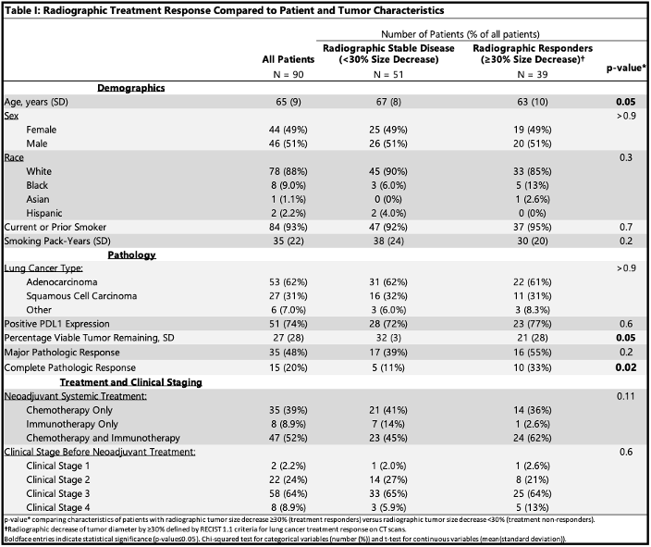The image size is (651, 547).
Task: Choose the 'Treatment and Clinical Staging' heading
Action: [129, 382]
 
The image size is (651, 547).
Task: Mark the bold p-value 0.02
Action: [626, 368]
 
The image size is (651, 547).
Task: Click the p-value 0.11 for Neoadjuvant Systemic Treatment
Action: [626, 395]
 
